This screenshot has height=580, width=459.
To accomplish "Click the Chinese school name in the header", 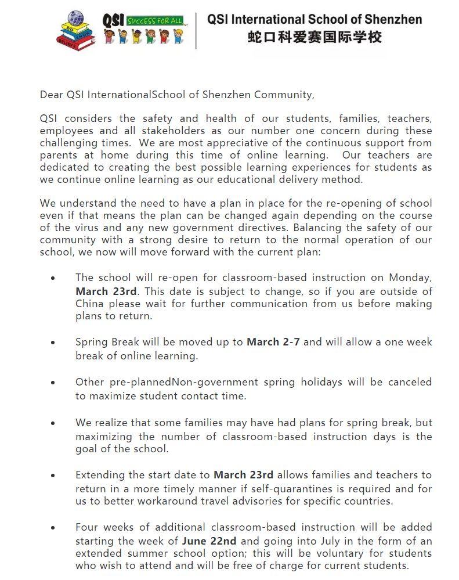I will (315, 38).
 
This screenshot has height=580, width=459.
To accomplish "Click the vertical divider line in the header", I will (196, 29).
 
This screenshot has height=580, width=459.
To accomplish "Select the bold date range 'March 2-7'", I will (273, 342).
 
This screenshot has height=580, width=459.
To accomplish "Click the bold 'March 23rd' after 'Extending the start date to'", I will (243, 475).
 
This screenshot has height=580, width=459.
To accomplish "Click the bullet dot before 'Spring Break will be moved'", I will (53, 343).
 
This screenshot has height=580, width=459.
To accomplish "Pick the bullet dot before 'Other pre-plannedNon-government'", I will (53, 383).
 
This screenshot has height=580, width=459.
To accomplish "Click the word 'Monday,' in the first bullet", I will (410, 278).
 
